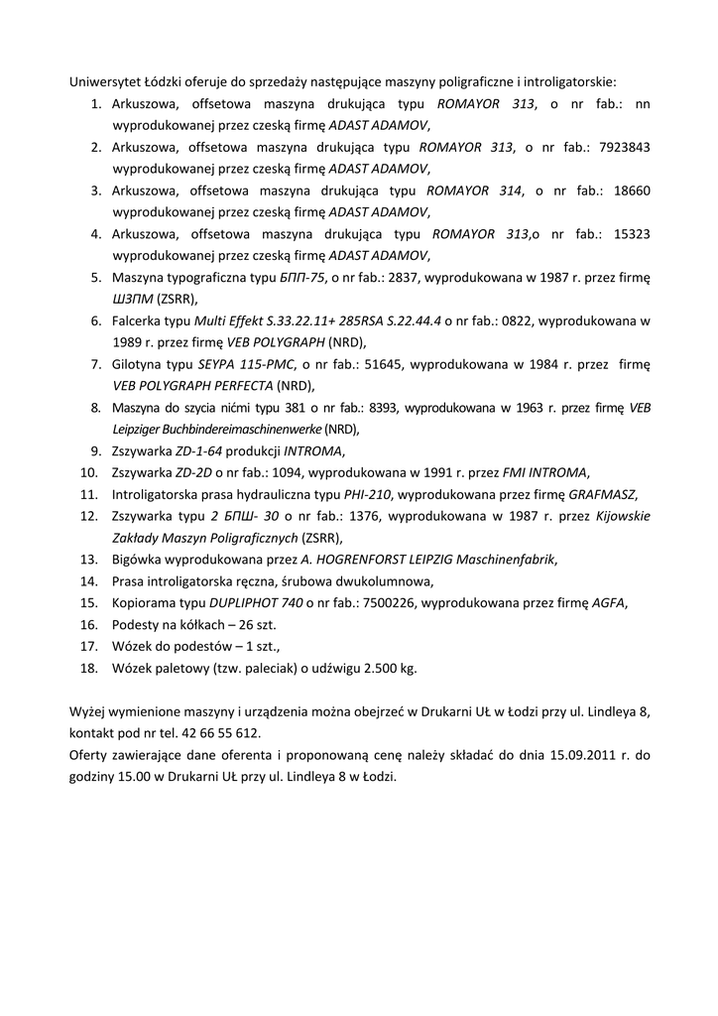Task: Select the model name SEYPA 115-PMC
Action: point(246,364)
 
